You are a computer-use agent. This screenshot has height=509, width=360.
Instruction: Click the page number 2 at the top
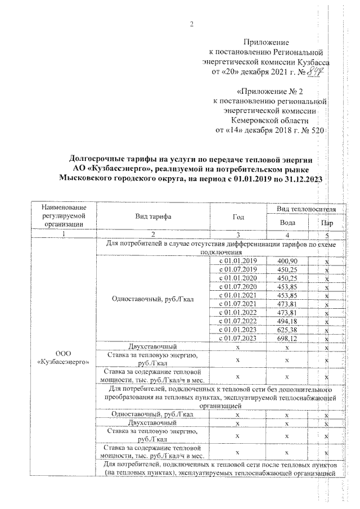pos(191,24)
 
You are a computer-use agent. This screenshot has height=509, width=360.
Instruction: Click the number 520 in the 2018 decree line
pos(318,130)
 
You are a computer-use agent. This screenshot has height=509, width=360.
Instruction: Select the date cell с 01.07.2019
pos(237,270)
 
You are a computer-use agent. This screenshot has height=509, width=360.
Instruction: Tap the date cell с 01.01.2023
pos(237,330)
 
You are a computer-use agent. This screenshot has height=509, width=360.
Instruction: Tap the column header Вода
pos(287,223)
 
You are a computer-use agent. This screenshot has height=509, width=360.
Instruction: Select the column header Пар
pos(326,223)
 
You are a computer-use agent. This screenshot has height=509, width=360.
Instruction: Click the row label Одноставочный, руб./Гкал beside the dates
pos(152,300)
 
